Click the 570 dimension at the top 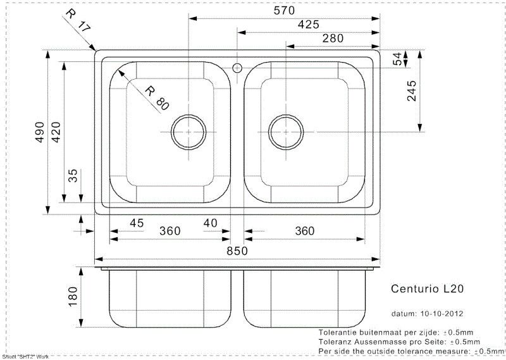click(x=284, y=11)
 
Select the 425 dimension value click(x=308, y=25)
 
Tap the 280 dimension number click(x=333, y=39)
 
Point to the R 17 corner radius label click(x=78, y=21)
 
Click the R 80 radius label click(x=157, y=98)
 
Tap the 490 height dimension click(x=39, y=132)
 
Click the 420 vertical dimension click(x=56, y=132)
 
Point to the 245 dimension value click(x=412, y=91)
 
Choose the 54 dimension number click(x=397, y=59)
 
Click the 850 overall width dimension click(x=237, y=251)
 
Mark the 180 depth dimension click(x=73, y=297)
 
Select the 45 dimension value click(x=137, y=223)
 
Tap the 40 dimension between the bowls click(x=211, y=223)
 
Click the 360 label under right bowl click(x=305, y=231)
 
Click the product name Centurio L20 click(x=428, y=289)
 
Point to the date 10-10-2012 click(x=441, y=314)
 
